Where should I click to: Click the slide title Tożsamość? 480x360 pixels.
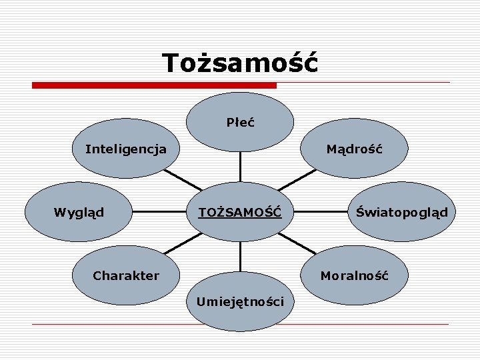point(240,63)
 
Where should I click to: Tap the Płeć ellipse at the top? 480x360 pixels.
point(240,122)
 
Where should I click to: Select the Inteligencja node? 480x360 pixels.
point(126,149)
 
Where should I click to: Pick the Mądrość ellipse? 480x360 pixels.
point(354,149)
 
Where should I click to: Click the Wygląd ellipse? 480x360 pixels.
point(79,213)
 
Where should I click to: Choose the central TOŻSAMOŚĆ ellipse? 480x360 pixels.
point(240,213)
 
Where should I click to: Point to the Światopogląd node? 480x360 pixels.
point(401,213)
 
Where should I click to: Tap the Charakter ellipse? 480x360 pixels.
point(126,275)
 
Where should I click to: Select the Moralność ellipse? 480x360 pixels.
point(354,275)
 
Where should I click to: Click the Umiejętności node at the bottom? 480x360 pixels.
point(240,301)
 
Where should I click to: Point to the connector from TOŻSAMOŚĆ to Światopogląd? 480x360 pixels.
point(322,213)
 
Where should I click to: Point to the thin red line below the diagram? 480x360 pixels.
point(240,324)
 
